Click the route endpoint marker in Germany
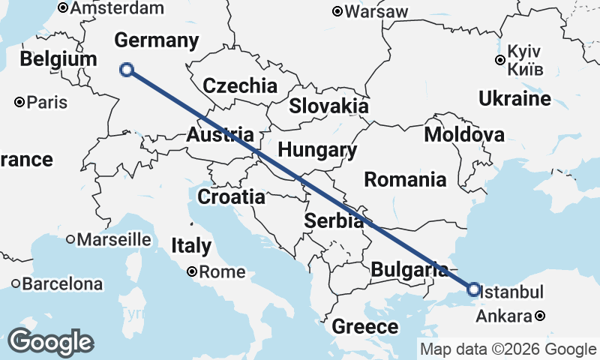click(127, 70)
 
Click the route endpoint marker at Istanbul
click(473, 289)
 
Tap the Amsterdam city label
click(117, 8)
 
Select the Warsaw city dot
click(338, 11)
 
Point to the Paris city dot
click(20, 102)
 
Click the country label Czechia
click(239, 85)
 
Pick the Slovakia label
click(328, 105)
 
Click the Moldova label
click(463, 135)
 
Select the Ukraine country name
click(514, 99)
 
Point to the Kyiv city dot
click(500, 60)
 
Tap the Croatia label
click(231, 197)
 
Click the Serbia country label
click(334, 220)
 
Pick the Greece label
click(365, 326)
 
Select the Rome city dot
click(193, 272)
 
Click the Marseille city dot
click(70, 240)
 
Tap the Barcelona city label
click(62, 284)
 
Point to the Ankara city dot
click(541, 316)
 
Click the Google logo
click(50, 342)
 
